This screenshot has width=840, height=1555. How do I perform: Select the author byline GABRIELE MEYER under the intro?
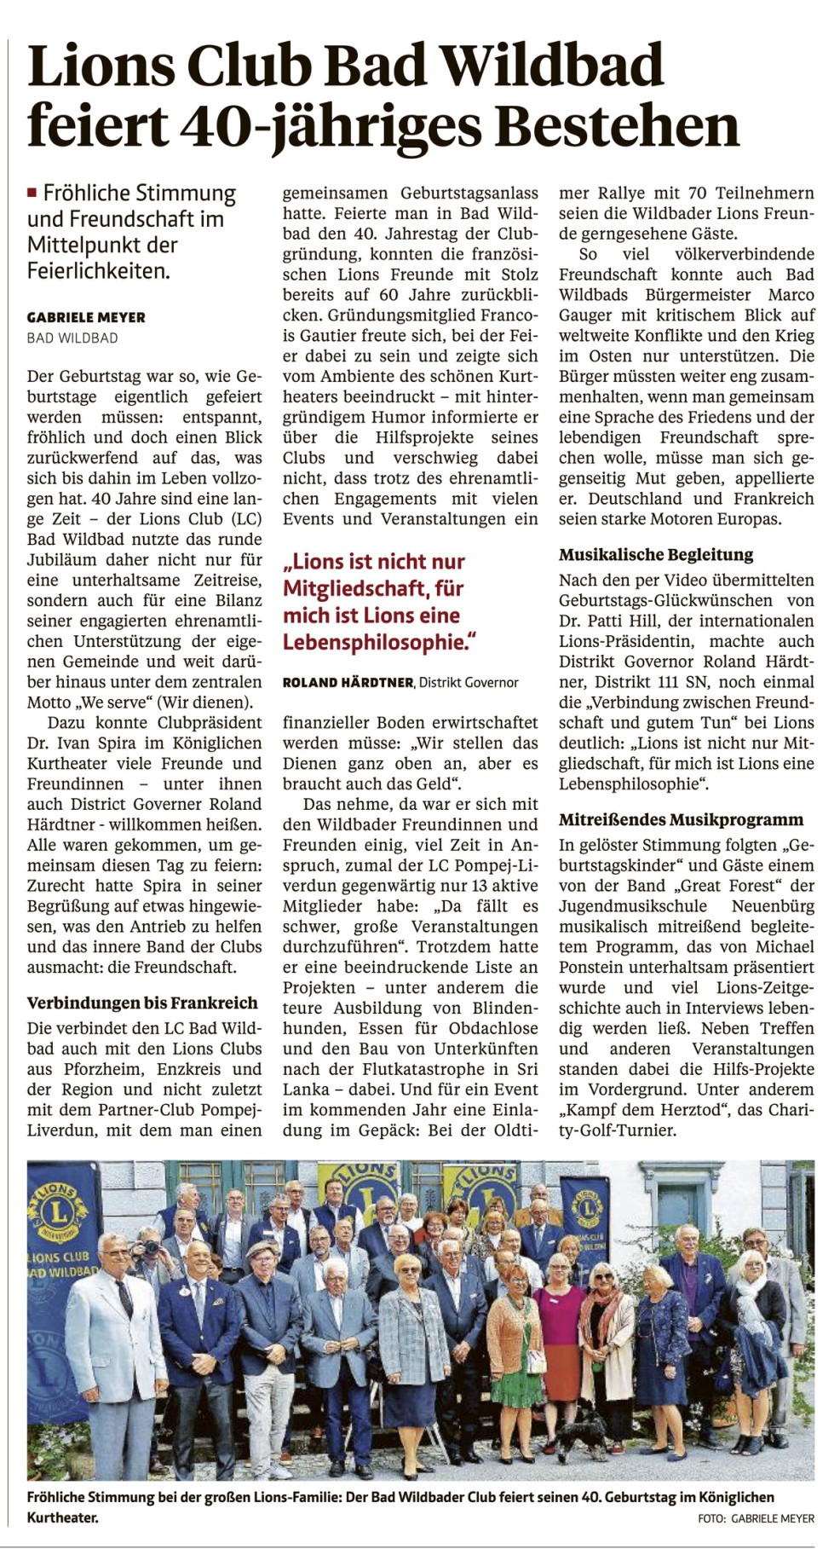pyautogui.click(x=86, y=317)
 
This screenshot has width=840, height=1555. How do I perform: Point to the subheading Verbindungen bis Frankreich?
pyautogui.click(x=141, y=1003)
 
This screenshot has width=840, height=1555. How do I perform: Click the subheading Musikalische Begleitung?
pyautogui.click(x=656, y=555)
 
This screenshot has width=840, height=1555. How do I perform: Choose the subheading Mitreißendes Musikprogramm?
pyautogui.click(x=681, y=820)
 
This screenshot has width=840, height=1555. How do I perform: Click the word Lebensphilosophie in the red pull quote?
pyautogui.click(x=377, y=642)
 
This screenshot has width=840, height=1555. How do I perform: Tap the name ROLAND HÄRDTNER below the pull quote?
pyautogui.click(x=348, y=682)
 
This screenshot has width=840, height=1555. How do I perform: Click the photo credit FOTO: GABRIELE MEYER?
pyautogui.click(x=755, y=1518)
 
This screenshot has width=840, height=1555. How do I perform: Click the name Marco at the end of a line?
pyautogui.click(x=791, y=295)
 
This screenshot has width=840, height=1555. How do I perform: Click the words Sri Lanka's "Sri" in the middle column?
pyautogui.click(x=523, y=1069)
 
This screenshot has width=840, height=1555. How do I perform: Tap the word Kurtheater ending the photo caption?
pyautogui.click(x=61, y=1518)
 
